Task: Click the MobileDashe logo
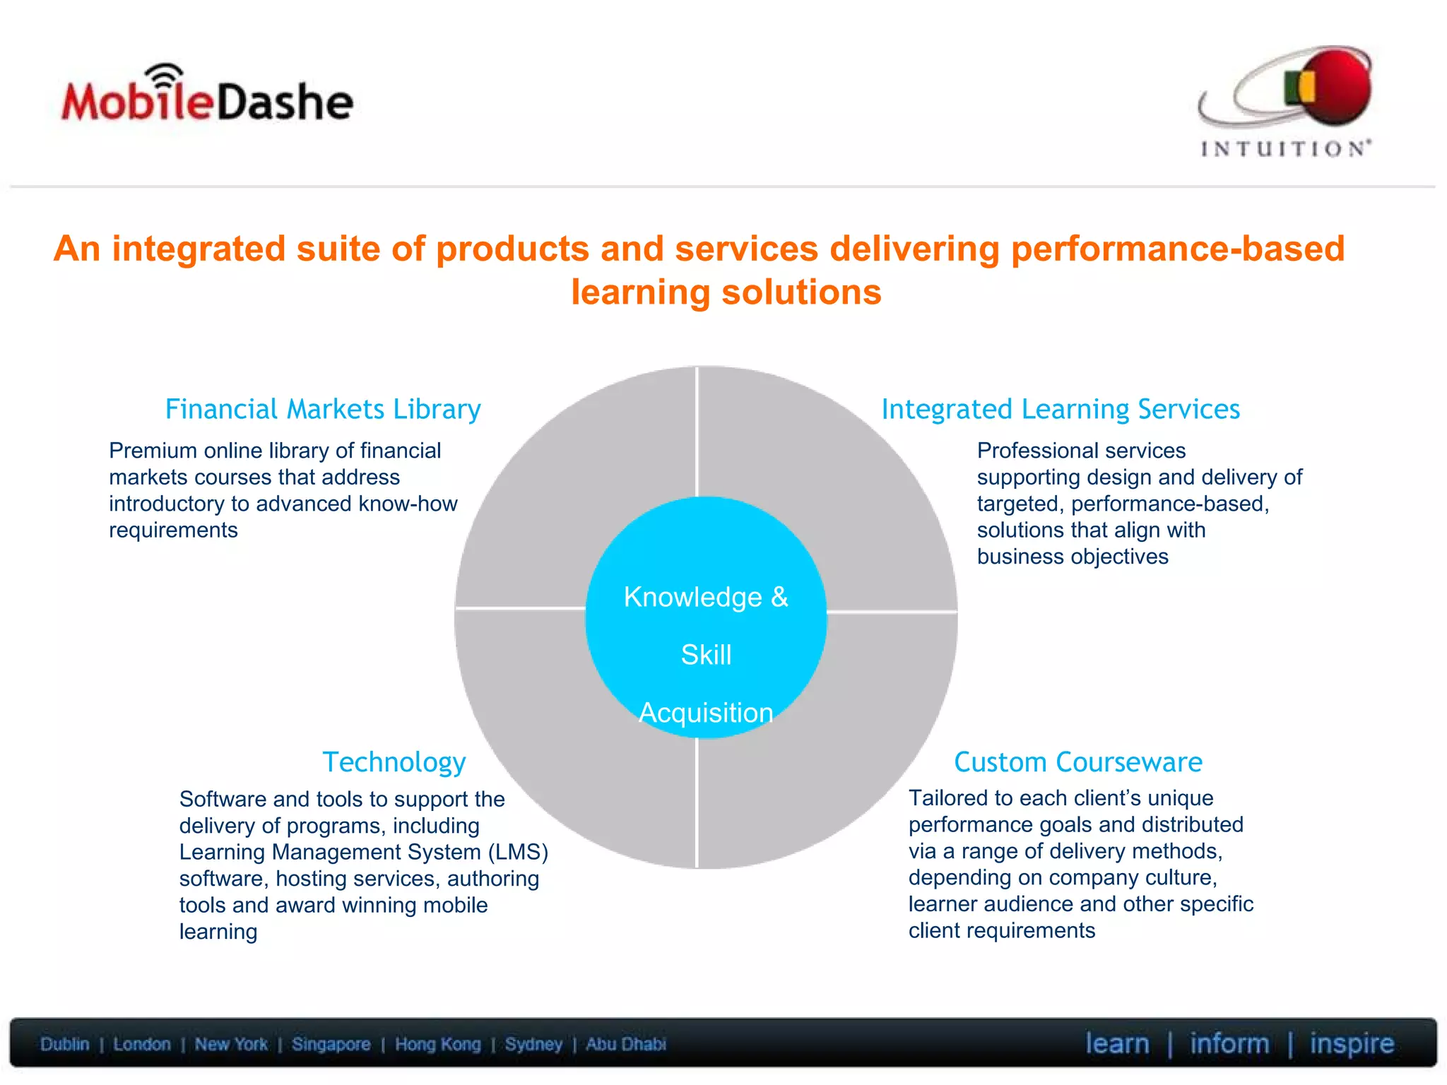206,99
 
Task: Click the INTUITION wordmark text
1285,148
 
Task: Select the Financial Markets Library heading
323,409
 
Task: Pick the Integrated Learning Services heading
1061,409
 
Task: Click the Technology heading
394,762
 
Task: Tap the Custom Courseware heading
1078,762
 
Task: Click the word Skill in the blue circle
706,655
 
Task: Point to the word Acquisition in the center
706,713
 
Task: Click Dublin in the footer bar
65,1044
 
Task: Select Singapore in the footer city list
331,1044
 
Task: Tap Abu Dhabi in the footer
625,1044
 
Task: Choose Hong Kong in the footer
437,1044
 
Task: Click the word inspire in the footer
1352,1043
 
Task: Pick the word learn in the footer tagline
1117,1043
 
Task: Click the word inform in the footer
1229,1043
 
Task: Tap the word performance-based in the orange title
1178,249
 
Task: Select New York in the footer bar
231,1044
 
